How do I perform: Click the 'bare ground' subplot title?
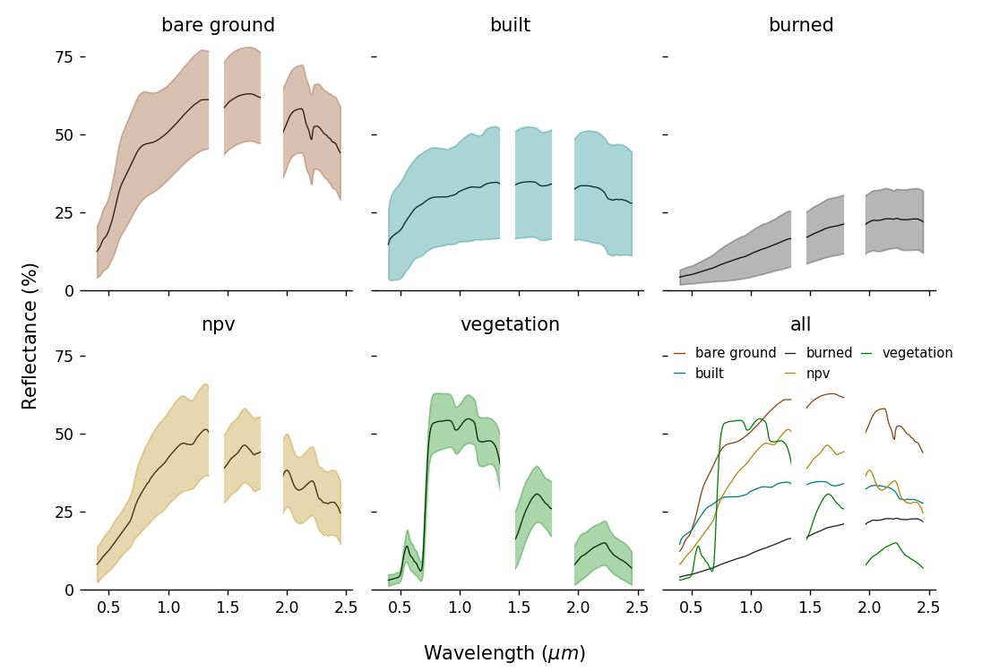(x=218, y=26)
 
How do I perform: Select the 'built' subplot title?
(x=510, y=26)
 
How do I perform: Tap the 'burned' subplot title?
(x=801, y=26)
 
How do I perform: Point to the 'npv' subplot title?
(x=218, y=325)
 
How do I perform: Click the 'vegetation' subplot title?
(x=510, y=325)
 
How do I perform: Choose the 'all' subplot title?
(x=801, y=325)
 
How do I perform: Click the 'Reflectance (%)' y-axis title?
(x=30, y=336)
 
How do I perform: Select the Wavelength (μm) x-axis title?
(x=504, y=653)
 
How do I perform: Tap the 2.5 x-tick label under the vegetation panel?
(x=637, y=607)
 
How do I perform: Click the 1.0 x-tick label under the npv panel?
(x=168, y=607)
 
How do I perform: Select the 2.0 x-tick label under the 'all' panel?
(x=870, y=607)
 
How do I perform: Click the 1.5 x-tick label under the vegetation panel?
(x=519, y=607)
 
